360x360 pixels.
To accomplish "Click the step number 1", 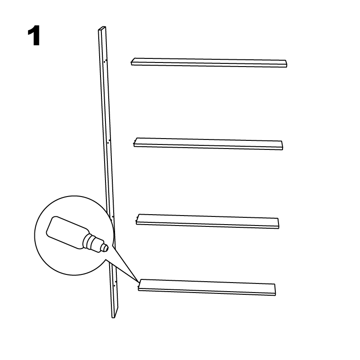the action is [x=34, y=36].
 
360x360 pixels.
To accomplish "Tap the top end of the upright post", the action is [x=102, y=28].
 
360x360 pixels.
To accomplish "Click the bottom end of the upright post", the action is [x=113, y=317].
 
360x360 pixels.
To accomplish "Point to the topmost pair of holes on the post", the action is [x=105, y=61].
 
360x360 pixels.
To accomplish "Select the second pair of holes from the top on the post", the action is [x=109, y=141].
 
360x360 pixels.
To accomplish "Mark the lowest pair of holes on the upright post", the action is [x=115, y=283].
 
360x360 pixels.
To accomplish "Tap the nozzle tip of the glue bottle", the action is [x=106, y=248].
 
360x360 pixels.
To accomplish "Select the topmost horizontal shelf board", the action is [x=209, y=62].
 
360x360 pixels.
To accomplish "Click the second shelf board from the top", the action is [x=208, y=144].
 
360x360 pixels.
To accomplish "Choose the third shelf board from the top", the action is [x=207, y=221].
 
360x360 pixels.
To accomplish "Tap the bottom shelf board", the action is [x=206, y=288].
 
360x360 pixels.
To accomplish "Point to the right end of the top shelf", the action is [x=286, y=64].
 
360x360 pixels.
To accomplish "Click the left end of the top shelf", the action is [x=133, y=62].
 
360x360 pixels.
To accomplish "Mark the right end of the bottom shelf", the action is [x=275, y=290].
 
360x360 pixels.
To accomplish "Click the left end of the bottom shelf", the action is [x=139, y=285].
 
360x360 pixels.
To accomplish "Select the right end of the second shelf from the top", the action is [x=282, y=145].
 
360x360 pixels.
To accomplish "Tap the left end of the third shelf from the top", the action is [x=137, y=219].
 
